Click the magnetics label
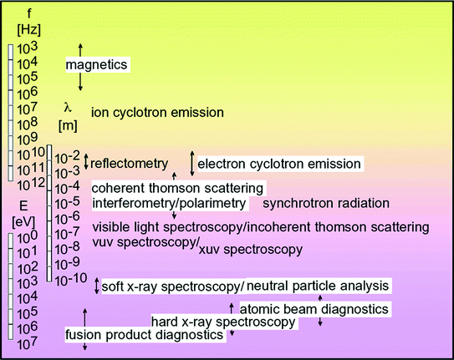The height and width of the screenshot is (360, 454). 96,64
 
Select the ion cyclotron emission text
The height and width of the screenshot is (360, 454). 157,112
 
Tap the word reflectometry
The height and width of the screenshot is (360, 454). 129,164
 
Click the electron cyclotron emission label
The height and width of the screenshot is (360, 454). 279,164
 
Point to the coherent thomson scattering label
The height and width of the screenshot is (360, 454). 177,188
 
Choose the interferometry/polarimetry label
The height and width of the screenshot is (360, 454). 169,203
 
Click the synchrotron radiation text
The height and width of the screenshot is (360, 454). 326,203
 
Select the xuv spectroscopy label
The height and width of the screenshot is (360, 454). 251,250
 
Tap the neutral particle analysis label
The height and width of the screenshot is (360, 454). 318,286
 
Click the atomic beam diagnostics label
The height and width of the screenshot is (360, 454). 314,309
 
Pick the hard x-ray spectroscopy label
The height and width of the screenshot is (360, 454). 223,322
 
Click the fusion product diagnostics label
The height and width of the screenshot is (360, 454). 144,335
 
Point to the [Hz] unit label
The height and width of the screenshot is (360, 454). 29,30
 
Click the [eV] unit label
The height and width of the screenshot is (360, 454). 23,222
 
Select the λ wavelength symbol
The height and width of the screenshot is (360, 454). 68,108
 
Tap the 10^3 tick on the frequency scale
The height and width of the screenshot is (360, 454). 28,48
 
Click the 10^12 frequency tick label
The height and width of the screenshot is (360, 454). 31,184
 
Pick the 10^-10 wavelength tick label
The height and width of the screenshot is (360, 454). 71,279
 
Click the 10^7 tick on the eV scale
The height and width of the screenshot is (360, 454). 28,343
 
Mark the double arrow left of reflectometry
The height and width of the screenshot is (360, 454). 86,161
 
